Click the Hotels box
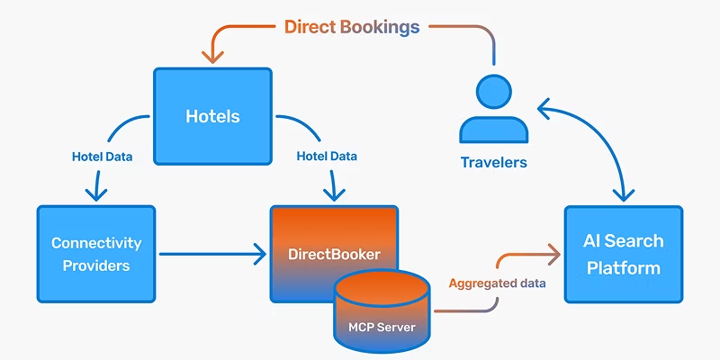tap(213, 115)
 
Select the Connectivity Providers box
tap(95, 254)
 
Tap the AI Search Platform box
tap(623, 254)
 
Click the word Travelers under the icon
tap(493, 163)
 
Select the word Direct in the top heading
tap(310, 26)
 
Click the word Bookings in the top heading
tap(380, 26)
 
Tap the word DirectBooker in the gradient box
tap(334, 255)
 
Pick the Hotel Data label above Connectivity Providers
tap(103, 157)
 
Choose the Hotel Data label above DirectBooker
tap(328, 157)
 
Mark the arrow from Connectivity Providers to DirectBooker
tap(211, 254)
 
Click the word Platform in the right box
tap(623, 267)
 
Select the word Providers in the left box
tap(95, 265)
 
